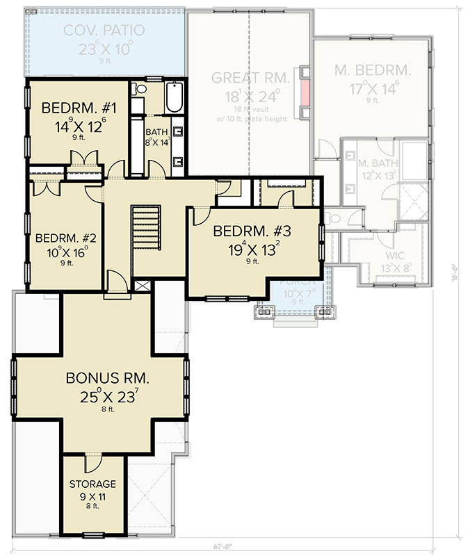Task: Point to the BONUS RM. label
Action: pos(107,379)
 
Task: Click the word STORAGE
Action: pos(92,484)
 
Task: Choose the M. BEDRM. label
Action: pos(373,71)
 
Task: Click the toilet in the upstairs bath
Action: pos(139,90)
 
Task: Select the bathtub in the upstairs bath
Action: pos(174,97)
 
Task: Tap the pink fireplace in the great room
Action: pos(305,90)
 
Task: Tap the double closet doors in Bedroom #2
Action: pos(46,186)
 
